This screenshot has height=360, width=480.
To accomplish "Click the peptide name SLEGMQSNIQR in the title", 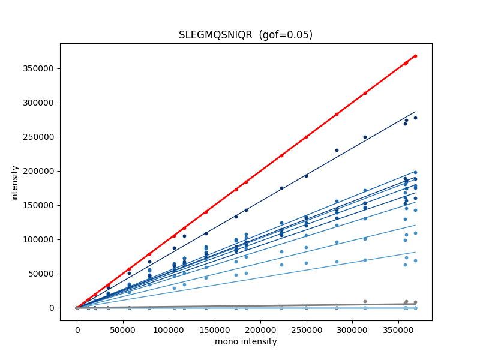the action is [x=215, y=35].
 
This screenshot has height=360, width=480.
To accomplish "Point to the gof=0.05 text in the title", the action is [x=286, y=35].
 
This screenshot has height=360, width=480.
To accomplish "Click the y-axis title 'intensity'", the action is [x=14, y=183].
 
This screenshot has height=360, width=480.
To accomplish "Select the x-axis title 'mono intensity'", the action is [x=246, y=341].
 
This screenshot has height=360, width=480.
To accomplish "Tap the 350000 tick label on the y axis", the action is [x=38, y=68].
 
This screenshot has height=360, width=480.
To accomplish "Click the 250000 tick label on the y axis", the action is [x=38, y=137].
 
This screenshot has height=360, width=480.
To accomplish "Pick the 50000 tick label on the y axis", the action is [x=41, y=274].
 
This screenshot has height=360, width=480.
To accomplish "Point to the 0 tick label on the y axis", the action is [x=52, y=308].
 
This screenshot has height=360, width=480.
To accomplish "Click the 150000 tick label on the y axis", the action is [x=38, y=205].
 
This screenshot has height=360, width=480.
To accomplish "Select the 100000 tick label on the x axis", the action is [x=169, y=331].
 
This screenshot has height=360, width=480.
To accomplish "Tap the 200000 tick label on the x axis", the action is [x=260, y=331].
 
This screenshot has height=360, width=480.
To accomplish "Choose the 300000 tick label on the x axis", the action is [x=352, y=331].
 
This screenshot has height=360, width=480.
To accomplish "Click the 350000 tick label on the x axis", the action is [x=398, y=331].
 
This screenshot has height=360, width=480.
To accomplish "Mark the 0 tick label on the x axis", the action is [x=77, y=331].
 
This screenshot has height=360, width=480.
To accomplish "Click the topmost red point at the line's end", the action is [x=415, y=56].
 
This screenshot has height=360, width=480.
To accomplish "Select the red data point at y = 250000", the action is [x=306, y=137].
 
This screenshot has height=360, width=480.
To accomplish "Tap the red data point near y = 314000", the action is [x=365, y=93].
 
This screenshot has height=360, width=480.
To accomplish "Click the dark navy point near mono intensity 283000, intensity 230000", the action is [x=337, y=151].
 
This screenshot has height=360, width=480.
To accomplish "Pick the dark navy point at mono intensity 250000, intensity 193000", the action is [x=306, y=176].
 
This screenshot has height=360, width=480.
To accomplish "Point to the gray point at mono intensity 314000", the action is [x=365, y=302].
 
